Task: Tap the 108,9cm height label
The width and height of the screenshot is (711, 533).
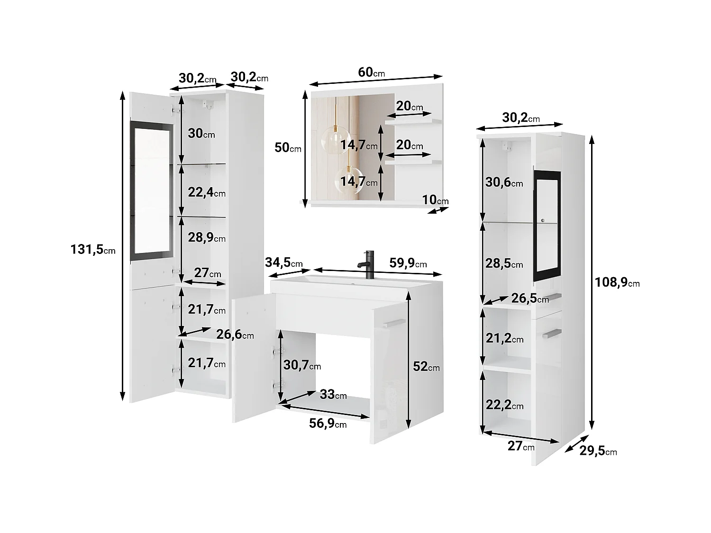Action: click(x=617, y=283)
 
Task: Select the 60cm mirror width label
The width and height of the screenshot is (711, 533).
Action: click(x=371, y=72)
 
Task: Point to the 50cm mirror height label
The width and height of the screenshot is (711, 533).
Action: click(x=288, y=148)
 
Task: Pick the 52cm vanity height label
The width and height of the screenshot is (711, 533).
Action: click(x=426, y=367)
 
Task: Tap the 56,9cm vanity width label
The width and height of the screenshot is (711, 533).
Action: click(x=328, y=424)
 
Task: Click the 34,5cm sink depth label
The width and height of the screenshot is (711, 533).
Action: click(x=284, y=263)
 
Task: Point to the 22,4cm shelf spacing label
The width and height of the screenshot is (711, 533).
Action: click(x=206, y=192)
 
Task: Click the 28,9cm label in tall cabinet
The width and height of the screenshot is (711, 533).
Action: click(x=206, y=238)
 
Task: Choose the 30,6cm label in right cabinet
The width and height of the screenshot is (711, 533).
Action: click(x=504, y=182)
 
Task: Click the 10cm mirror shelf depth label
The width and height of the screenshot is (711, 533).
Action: click(x=435, y=200)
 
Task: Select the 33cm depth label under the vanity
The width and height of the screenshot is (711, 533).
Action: click(x=333, y=394)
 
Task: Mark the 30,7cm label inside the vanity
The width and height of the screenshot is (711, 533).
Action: click(x=302, y=365)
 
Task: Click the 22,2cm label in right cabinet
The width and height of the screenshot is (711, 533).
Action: click(x=504, y=406)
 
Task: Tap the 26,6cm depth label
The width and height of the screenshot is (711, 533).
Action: click(x=235, y=335)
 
